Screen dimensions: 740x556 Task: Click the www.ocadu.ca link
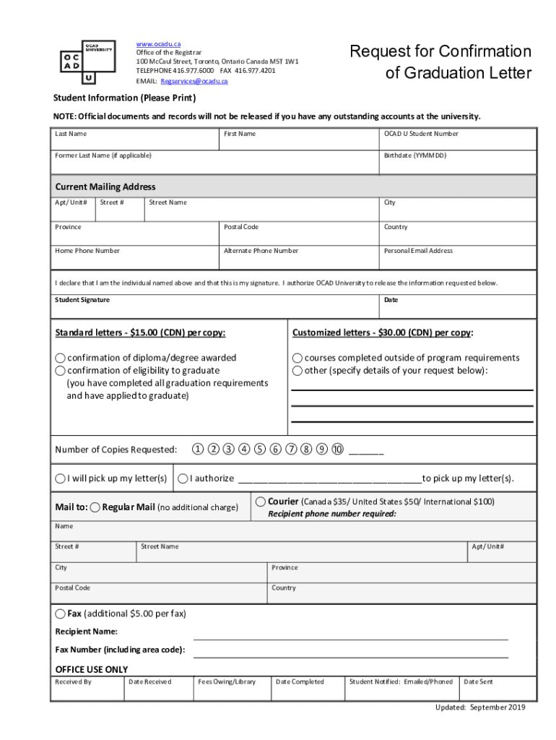158,44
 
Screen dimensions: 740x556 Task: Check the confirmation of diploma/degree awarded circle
61,358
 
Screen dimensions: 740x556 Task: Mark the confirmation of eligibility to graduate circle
61,371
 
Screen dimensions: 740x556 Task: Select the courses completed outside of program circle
297,358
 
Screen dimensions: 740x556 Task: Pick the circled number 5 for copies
260,449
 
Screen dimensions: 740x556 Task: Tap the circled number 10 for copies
337,449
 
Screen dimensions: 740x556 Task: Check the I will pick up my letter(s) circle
61,478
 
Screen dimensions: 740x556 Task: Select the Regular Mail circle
95,507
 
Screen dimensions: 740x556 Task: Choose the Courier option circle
261,502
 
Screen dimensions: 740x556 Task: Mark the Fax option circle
61,614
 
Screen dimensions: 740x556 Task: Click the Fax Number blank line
350,653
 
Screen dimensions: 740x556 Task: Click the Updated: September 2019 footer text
479,707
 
